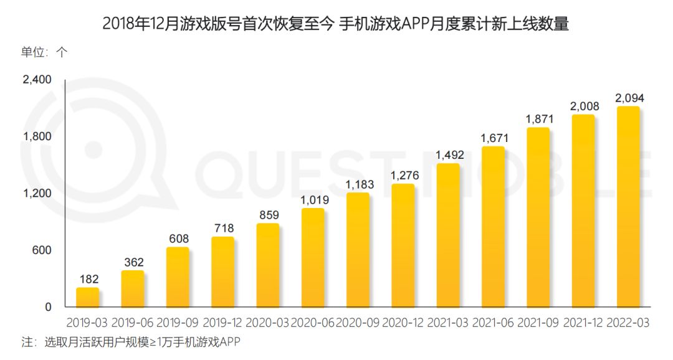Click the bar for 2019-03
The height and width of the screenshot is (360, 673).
87,297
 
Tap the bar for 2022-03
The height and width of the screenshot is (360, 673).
628,207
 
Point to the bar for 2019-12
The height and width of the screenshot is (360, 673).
222,272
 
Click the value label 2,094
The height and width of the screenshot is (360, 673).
628,98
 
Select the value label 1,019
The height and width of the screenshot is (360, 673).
313,200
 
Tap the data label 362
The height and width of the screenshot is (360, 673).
132,262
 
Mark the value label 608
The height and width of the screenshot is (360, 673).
178,239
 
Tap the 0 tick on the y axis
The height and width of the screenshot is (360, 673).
49,307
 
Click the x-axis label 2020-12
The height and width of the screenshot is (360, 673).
403,323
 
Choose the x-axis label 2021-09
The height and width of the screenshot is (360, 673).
538,323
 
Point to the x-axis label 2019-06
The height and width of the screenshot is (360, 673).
132,323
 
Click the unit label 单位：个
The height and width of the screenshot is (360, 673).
43,52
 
